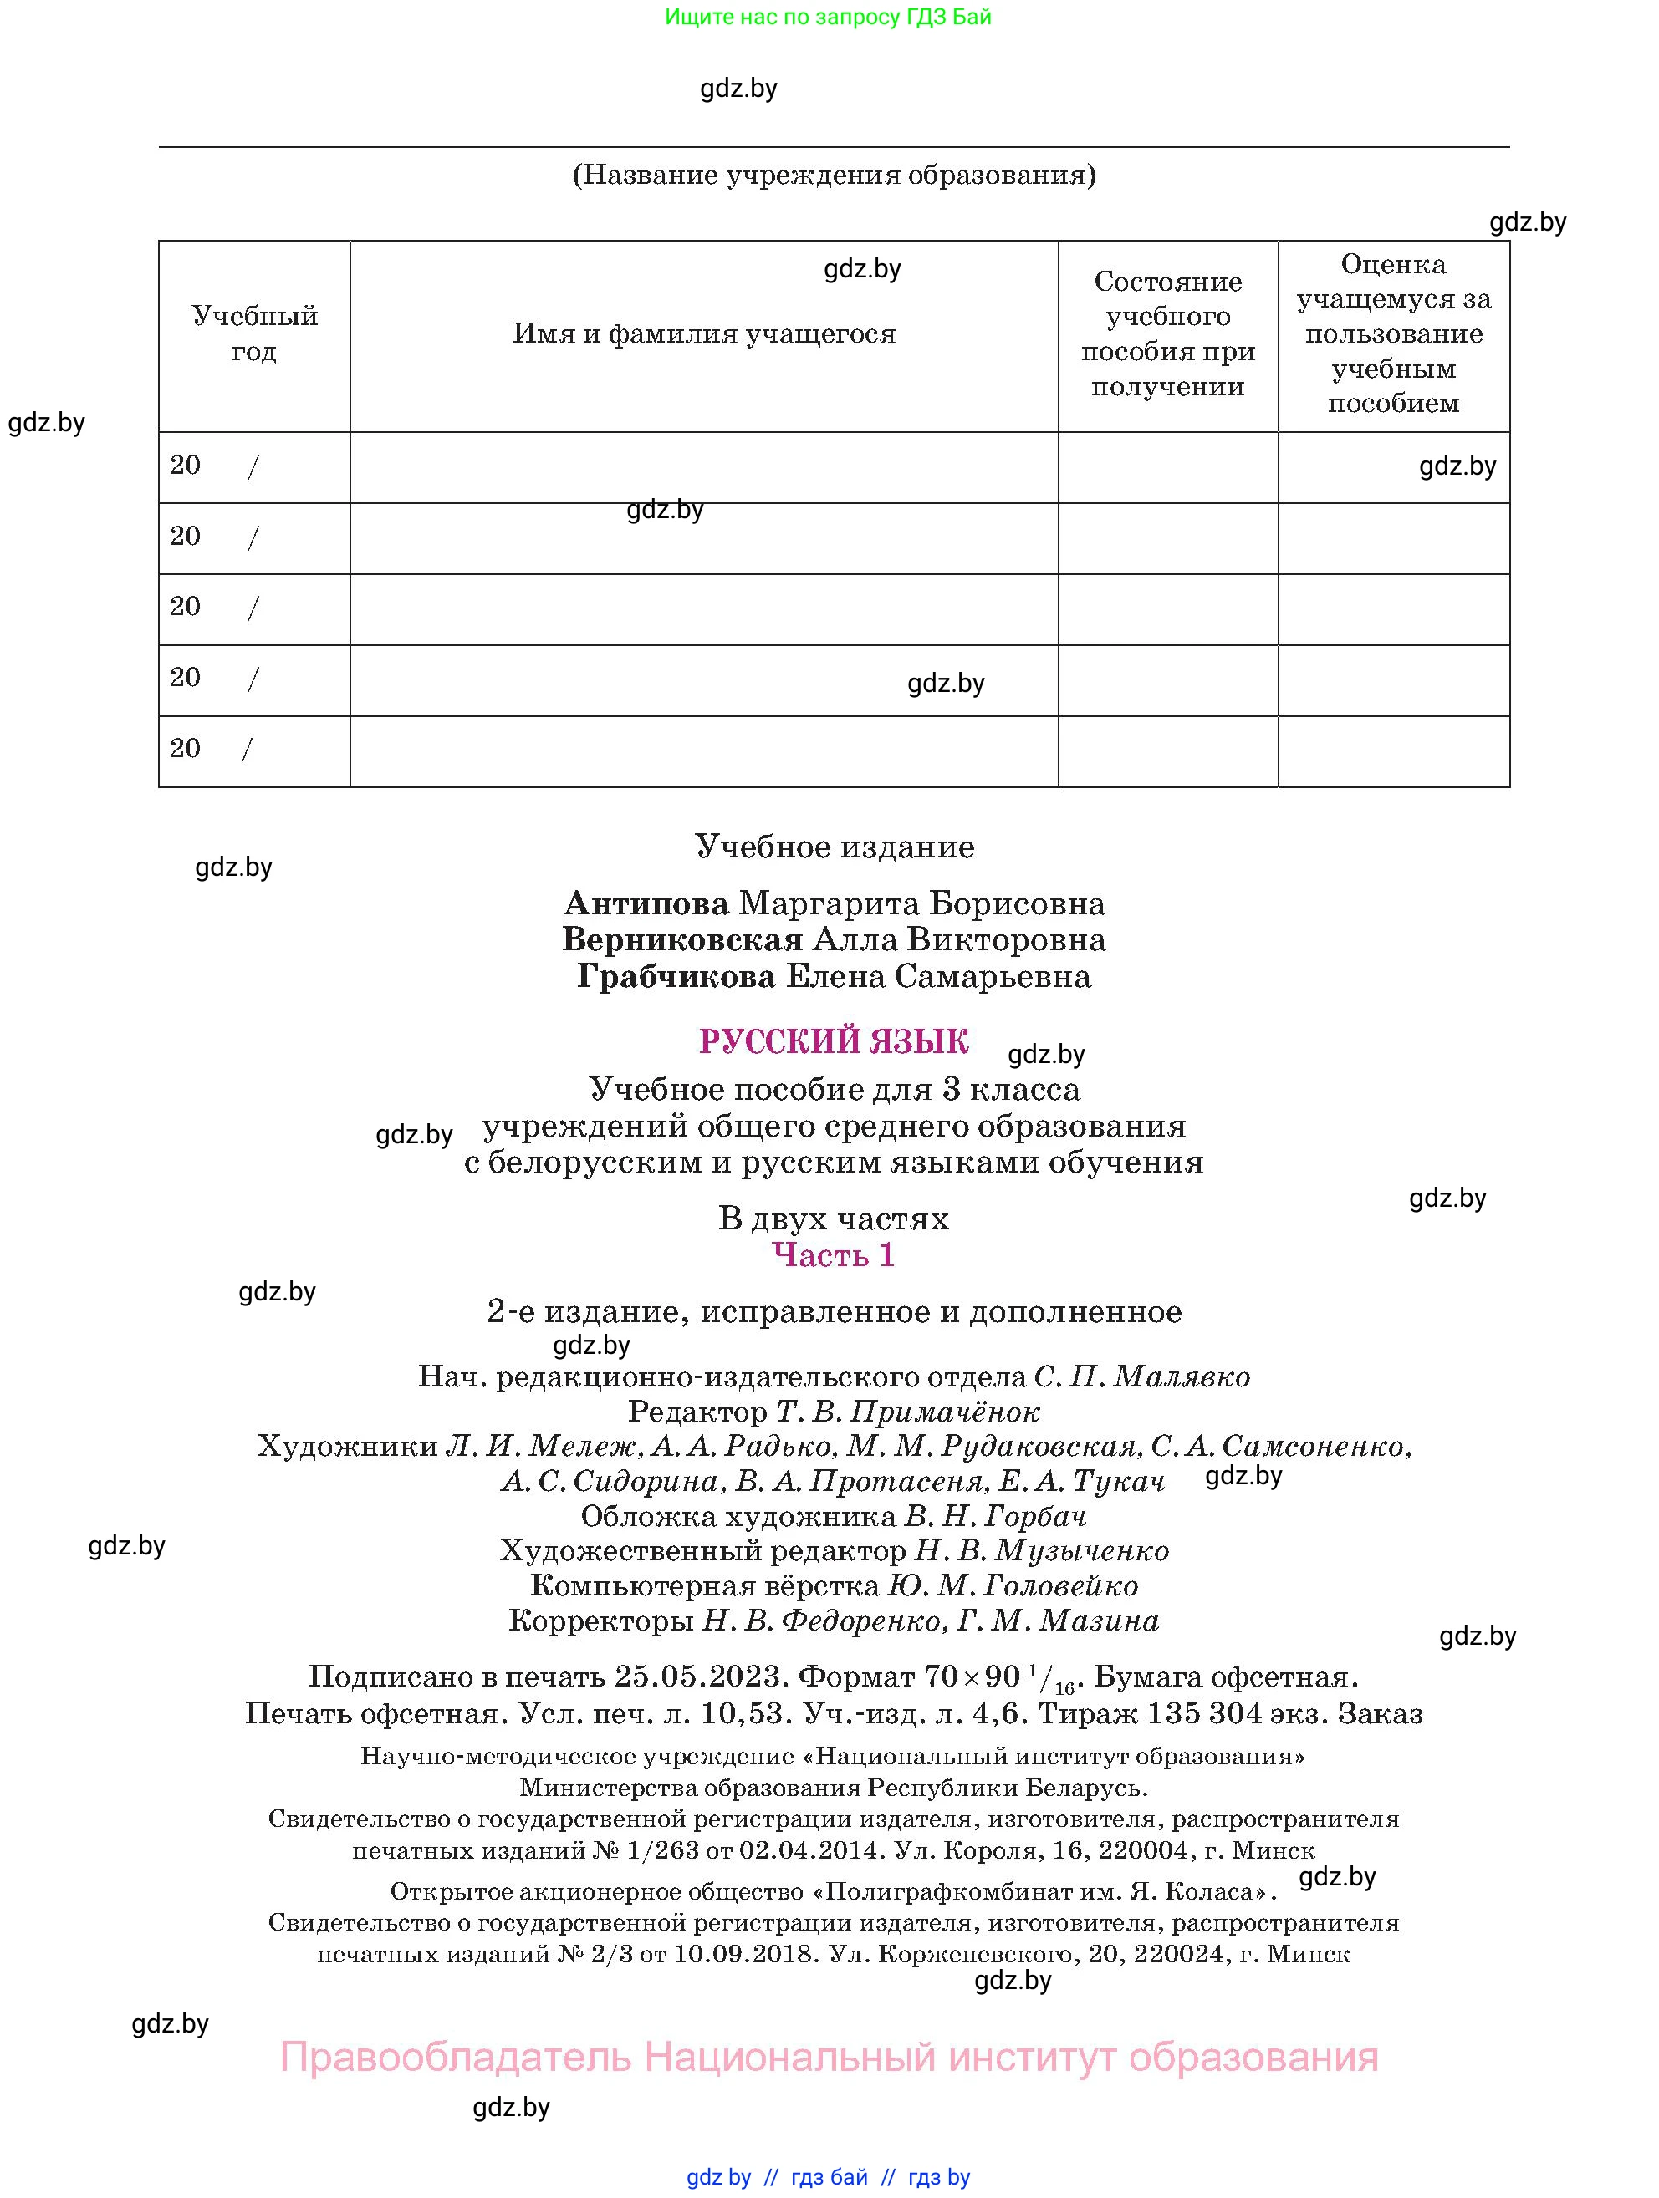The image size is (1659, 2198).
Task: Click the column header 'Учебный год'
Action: pyautogui.click(x=254, y=333)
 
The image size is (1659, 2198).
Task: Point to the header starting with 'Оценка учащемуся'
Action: pyautogui.click(x=1394, y=333)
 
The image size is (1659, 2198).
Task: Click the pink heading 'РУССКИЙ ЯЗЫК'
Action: pyautogui.click(x=833, y=1041)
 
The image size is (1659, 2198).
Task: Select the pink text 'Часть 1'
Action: pyautogui.click(x=833, y=1256)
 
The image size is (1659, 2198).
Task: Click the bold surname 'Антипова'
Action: pyautogui.click(x=646, y=903)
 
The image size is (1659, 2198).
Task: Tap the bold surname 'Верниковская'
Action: pyautogui.click(x=681, y=940)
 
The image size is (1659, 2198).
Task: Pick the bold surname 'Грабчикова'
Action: pyautogui.click(x=676, y=977)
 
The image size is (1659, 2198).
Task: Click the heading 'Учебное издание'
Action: pyautogui.click(x=834, y=847)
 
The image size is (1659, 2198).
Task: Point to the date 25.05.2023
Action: pyautogui.click(x=701, y=1677)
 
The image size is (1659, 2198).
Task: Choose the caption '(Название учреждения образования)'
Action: pyautogui.click(x=834, y=176)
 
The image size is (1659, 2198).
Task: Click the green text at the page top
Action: pyautogui.click(x=828, y=17)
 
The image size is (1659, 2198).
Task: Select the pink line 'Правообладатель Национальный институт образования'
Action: pyautogui.click(x=828, y=2057)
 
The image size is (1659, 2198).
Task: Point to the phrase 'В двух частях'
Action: pyautogui.click(x=833, y=1219)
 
